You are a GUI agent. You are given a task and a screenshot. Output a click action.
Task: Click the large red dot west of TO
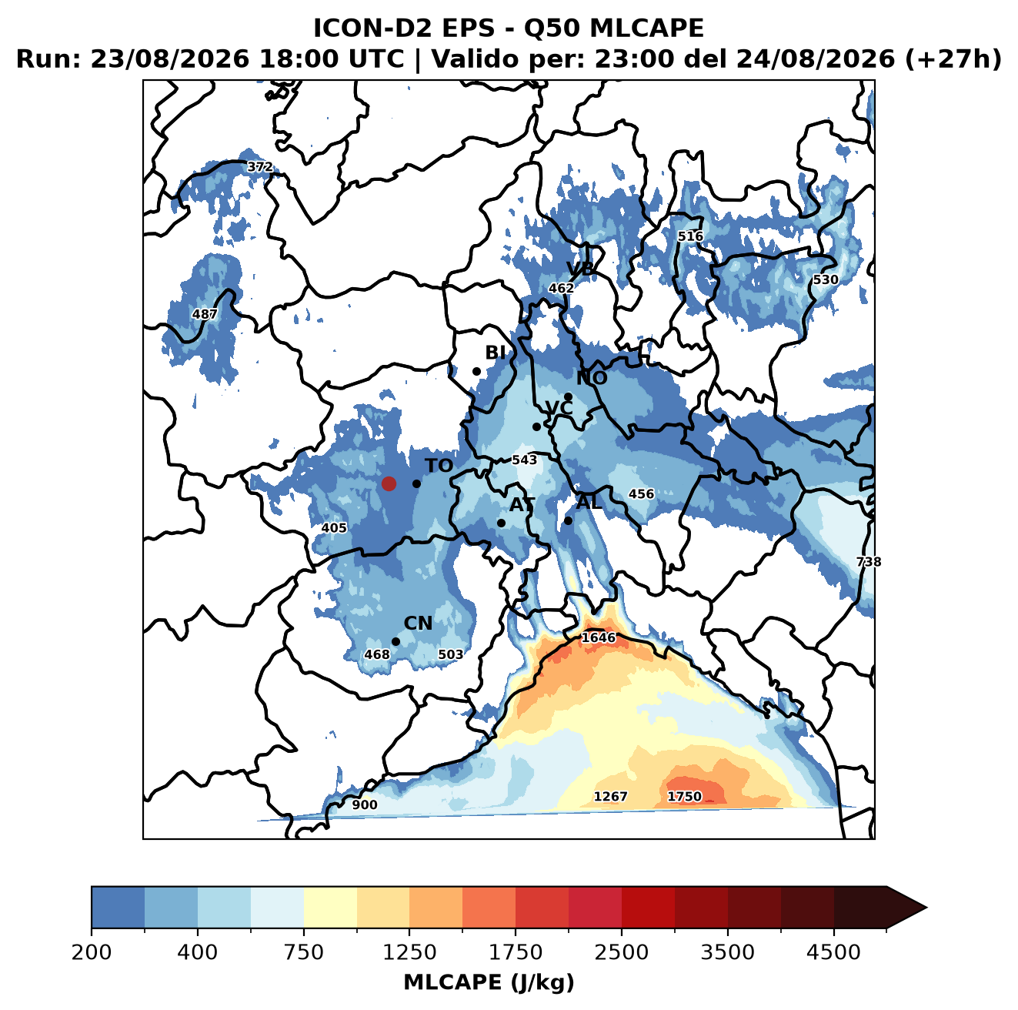click(x=389, y=483)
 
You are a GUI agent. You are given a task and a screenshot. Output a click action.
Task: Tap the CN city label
click(x=418, y=624)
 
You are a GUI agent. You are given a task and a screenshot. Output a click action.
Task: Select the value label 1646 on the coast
click(x=598, y=638)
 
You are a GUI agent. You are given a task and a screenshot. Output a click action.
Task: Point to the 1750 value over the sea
click(x=684, y=797)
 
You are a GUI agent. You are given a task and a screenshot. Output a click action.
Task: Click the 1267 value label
click(x=611, y=797)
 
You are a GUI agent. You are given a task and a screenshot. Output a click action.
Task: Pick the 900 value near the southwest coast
click(x=365, y=805)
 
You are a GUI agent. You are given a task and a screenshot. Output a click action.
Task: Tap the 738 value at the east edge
click(x=869, y=562)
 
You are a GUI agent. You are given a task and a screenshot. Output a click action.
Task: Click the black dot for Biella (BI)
click(x=476, y=372)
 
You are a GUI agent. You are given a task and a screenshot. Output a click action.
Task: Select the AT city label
click(x=522, y=505)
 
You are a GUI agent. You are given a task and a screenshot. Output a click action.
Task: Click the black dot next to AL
click(x=568, y=520)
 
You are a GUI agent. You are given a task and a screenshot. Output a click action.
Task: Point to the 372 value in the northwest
click(x=260, y=167)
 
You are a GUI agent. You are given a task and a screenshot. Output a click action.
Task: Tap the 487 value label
click(x=205, y=314)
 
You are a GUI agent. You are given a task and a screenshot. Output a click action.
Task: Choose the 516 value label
click(x=690, y=236)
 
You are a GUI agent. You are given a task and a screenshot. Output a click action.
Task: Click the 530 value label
click(x=825, y=279)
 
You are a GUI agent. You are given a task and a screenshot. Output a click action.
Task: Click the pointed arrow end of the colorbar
click(x=926, y=908)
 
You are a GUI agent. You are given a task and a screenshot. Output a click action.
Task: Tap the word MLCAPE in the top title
click(x=646, y=28)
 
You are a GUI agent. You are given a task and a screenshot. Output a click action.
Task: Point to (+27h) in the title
click(x=953, y=59)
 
